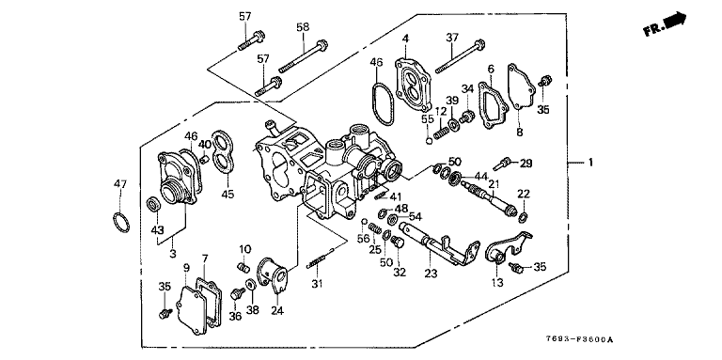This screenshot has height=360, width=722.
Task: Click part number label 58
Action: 303,27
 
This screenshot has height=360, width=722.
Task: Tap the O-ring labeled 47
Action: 121,223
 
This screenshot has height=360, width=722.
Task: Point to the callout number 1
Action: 590,163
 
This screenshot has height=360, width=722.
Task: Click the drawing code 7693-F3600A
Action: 578,340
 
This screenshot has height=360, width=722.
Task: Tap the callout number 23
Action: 431,273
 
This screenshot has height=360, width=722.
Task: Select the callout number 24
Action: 276,311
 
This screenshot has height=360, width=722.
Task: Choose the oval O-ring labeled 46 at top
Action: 382,103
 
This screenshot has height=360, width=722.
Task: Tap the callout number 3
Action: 173,253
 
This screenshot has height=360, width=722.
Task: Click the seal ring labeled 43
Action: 153,204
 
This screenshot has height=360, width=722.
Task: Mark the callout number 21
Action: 494,184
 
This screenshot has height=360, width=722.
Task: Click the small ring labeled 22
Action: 524,216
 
